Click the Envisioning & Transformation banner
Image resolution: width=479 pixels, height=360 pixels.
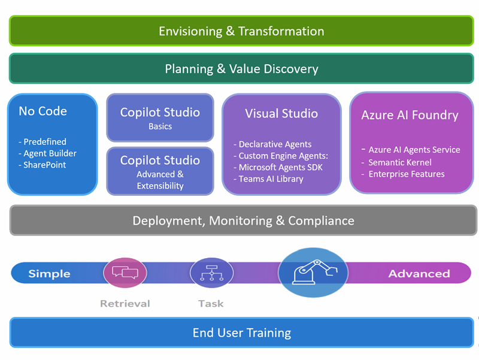point(241,31)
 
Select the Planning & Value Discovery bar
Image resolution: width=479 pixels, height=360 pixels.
point(241,68)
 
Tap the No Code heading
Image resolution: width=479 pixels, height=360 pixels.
point(43,111)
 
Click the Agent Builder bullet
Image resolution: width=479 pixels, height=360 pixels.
point(48,153)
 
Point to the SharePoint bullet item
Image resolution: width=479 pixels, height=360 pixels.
point(42,165)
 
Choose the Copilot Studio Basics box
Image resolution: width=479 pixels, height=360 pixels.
point(160,117)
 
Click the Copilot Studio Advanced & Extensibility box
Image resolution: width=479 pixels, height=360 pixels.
point(160,171)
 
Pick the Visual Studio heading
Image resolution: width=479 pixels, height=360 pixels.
point(281,113)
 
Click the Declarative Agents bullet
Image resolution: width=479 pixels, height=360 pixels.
point(272,144)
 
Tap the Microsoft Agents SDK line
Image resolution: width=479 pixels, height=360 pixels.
point(278,167)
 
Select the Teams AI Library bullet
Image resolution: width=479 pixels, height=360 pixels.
point(268,179)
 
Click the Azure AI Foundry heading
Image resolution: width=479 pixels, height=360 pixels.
point(410,115)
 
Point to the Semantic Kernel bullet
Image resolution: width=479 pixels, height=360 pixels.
point(396,162)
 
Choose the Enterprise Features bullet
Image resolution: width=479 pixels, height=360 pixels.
point(403,174)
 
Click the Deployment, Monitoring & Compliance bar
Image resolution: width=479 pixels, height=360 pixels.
point(243,220)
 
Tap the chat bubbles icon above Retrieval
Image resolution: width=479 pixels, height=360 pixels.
point(125,273)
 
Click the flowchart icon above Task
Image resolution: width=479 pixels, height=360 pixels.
point(212,273)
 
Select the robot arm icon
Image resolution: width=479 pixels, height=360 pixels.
point(313,273)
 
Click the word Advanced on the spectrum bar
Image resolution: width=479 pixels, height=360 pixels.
point(419,274)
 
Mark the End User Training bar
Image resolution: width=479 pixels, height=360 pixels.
point(242,332)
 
